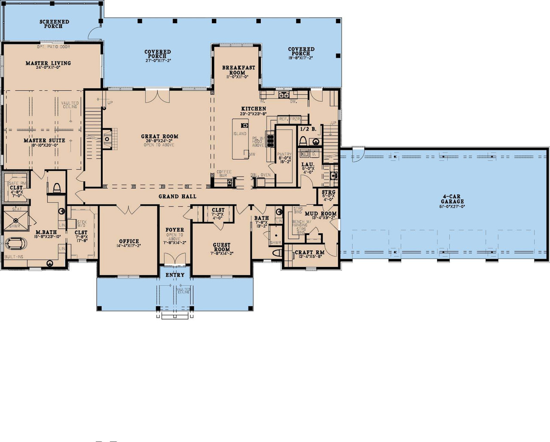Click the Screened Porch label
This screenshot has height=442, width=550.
coord(54,24)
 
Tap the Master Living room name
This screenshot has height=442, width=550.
coord(48,63)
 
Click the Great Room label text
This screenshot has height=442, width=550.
coord(159,137)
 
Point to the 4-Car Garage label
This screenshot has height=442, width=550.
coord(452,199)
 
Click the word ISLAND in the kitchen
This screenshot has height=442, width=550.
coord(240,134)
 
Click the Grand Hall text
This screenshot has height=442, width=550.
coord(177,196)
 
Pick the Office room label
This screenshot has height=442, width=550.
coord(129,241)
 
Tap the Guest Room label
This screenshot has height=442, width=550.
coord(222,247)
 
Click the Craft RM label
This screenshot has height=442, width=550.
coord(309,253)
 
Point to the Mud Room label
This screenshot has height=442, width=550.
coord(321,213)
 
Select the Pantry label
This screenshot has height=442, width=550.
coord(284,154)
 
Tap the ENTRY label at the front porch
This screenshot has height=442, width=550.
coord(175,275)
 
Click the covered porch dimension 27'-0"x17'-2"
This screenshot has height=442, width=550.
coord(158,61)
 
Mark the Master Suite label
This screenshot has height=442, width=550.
coord(44,140)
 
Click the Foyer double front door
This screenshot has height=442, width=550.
coord(175,259)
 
